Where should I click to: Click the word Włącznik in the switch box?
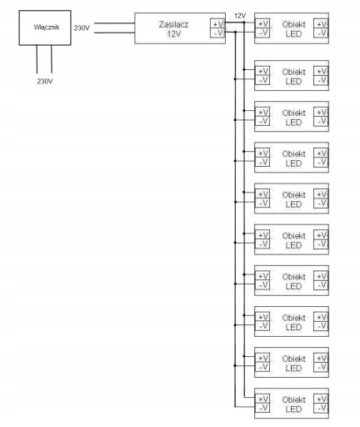tap(47, 28)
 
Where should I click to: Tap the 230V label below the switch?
tap(45, 81)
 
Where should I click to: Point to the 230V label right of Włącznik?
tap(82, 28)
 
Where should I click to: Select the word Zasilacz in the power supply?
tap(173, 24)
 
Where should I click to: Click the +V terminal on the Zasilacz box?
tap(217, 24)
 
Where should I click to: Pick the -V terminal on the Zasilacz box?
tap(217, 33)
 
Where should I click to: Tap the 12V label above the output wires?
tap(240, 16)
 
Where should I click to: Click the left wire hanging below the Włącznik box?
tap(37, 59)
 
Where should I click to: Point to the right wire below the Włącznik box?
tap(52, 59)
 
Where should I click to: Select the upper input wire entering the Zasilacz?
tap(114, 23)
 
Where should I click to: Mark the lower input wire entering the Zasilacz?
tap(114, 33)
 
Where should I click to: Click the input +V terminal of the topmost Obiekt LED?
tap(262, 24)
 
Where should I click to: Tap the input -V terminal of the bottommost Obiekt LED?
tap(262, 408)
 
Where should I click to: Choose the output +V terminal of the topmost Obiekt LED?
tap(321, 24)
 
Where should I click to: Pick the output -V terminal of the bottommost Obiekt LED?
tap(321, 408)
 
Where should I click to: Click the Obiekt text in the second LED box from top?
tap(294, 72)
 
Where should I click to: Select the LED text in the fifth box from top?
tap(293, 204)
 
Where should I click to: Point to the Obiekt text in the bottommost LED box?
tap(294, 399)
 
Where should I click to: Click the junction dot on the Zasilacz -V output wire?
tap(235, 33)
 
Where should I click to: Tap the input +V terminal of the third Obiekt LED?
tap(262, 112)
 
